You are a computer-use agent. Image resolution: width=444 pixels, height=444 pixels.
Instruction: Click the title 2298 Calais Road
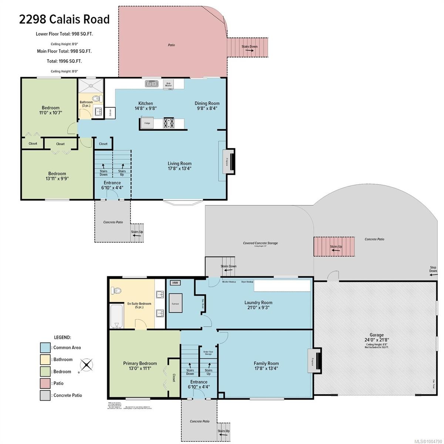click(64, 19)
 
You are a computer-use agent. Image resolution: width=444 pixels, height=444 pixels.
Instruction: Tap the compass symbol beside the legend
click(86, 365)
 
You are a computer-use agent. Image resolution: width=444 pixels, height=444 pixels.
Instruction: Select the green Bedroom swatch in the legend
click(45, 371)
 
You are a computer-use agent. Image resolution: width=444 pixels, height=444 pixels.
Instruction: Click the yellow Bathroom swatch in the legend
click(45, 359)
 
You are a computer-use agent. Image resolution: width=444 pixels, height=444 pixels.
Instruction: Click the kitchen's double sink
click(151, 84)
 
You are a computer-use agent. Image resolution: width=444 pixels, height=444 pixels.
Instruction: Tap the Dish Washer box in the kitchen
click(168, 84)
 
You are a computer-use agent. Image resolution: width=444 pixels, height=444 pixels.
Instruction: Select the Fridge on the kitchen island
click(147, 123)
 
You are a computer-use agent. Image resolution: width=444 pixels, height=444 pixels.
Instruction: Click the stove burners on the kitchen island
click(169, 123)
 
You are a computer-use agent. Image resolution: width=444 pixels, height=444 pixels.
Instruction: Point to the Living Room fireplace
click(229, 161)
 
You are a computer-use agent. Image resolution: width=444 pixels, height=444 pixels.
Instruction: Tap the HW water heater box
click(175, 283)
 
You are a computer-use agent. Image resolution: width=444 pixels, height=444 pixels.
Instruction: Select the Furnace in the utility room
click(175, 303)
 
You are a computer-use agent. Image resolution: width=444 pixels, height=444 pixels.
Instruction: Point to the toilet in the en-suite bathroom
click(116, 290)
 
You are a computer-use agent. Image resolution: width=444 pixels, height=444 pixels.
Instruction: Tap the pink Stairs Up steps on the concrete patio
click(334, 246)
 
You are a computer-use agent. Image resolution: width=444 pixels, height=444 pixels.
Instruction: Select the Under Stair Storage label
click(208, 353)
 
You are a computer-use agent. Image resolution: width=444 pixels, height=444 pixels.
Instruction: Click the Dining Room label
click(207, 104)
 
